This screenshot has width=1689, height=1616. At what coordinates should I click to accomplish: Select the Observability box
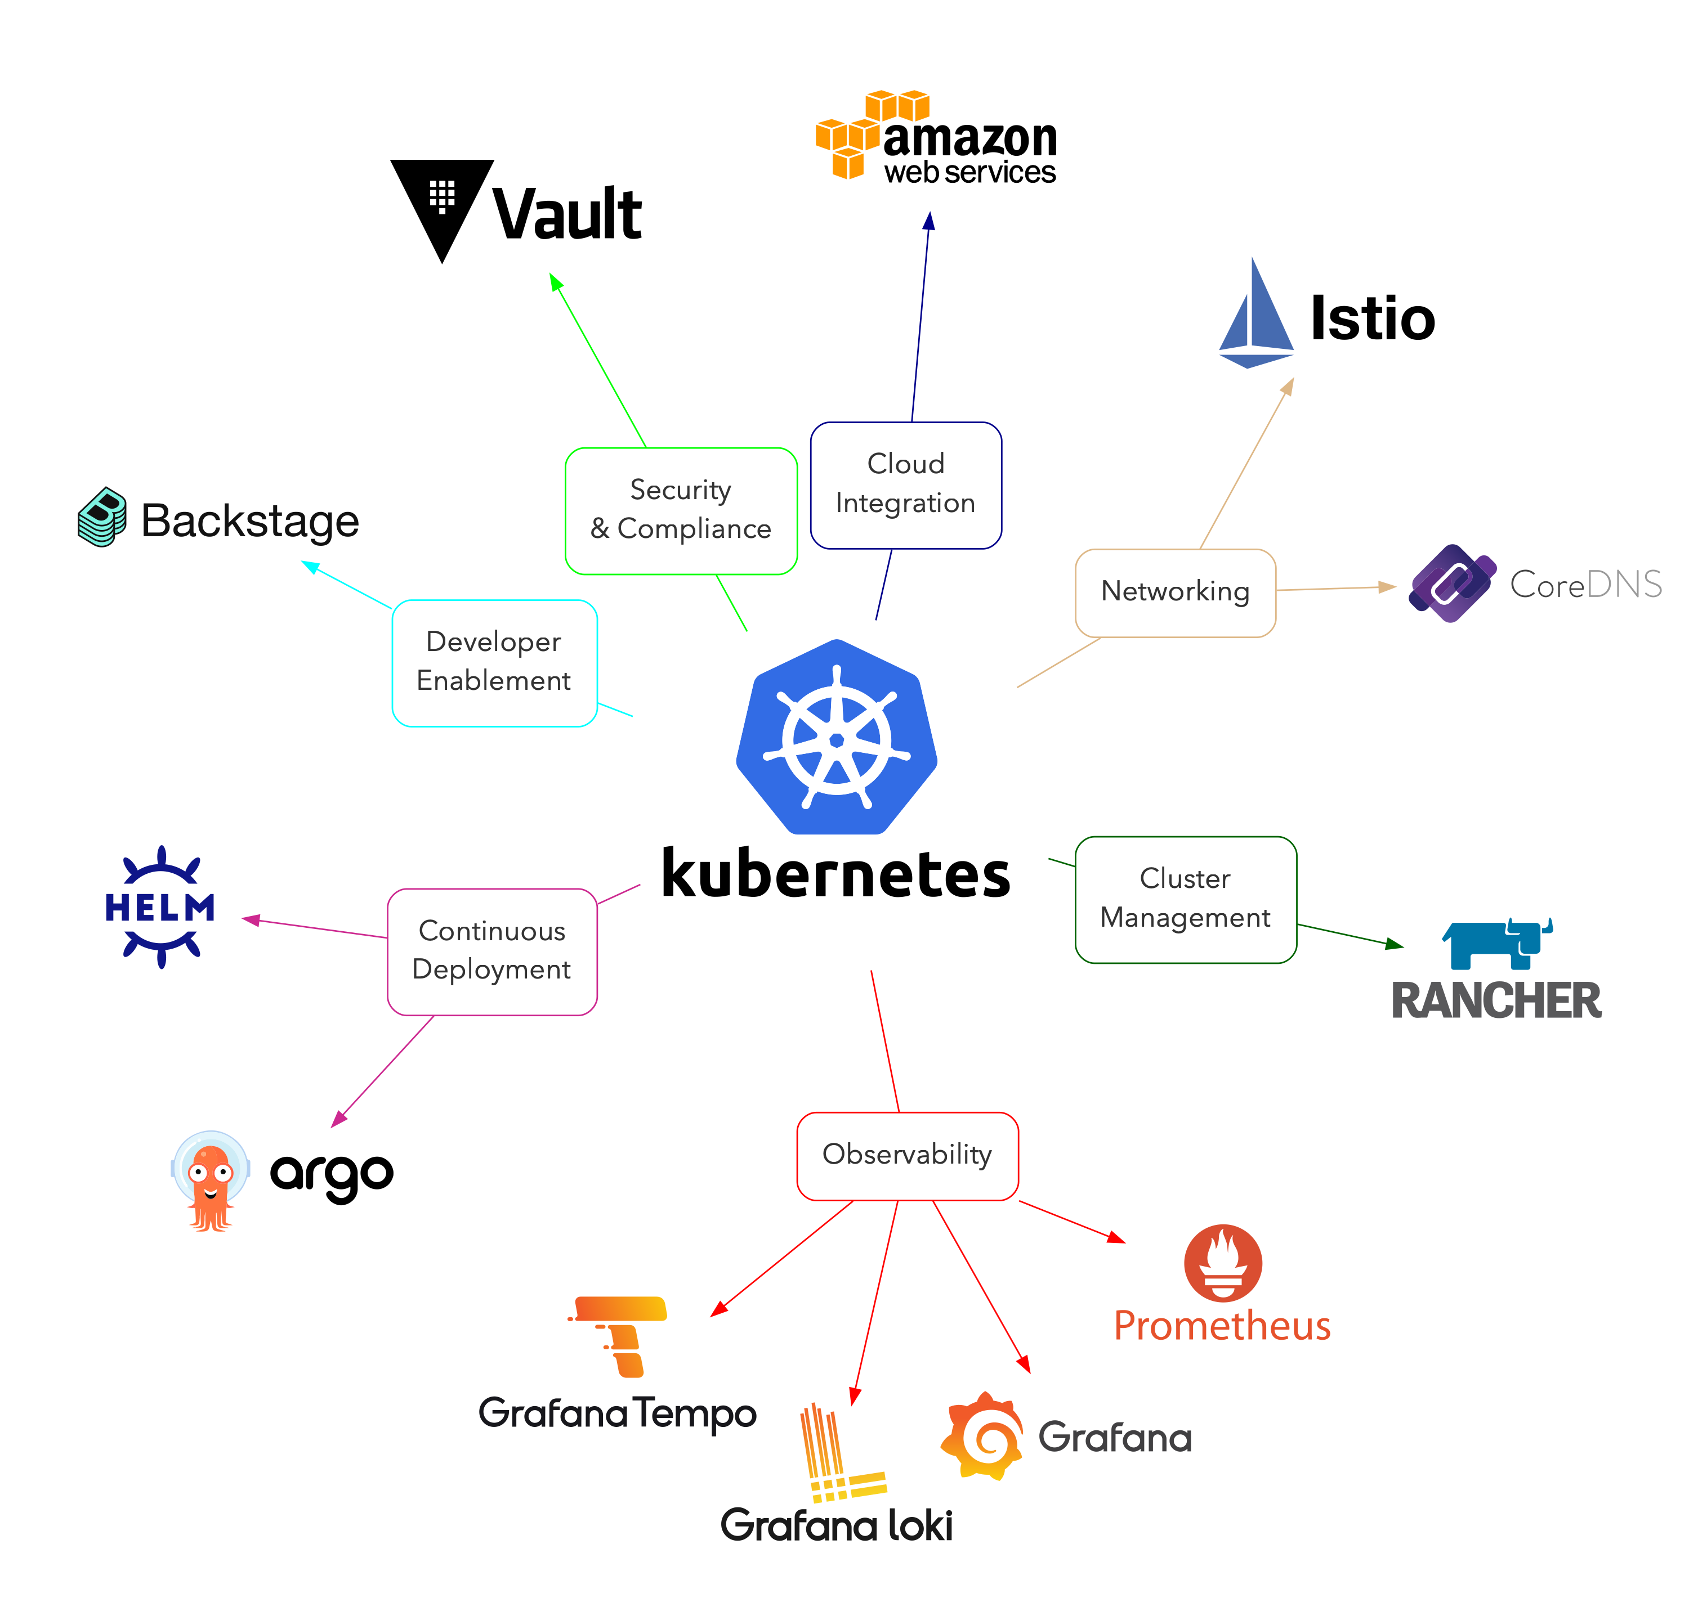(908, 1155)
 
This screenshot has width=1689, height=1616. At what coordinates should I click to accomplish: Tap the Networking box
(1176, 592)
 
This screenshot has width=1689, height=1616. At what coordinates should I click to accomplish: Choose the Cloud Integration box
(906, 485)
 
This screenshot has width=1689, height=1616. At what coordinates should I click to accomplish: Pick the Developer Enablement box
(494, 662)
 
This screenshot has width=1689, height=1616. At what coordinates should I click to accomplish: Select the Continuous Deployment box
(492, 951)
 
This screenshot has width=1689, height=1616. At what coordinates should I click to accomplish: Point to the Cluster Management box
(1186, 899)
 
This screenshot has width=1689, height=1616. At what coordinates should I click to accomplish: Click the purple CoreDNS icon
(1452, 583)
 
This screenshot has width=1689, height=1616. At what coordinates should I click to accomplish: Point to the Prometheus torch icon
(1223, 1262)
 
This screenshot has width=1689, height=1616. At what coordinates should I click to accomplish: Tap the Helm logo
(160, 907)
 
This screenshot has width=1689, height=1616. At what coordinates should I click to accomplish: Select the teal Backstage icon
(102, 517)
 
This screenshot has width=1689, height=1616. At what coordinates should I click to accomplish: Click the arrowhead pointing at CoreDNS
(1387, 587)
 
